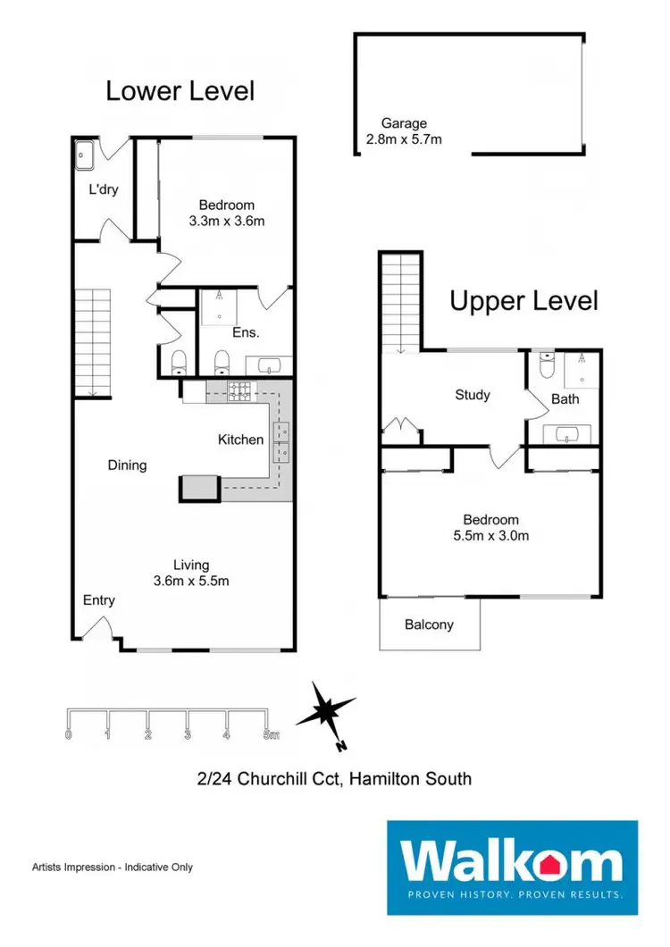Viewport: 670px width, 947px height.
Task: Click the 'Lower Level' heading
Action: click(x=180, y=90)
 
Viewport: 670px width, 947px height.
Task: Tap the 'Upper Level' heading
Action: click(x=523, y=301)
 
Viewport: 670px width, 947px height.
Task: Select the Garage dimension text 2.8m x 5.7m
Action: click(x=405, y=139)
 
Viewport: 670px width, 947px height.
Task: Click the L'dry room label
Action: click(x=104, y=189)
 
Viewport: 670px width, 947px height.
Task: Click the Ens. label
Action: click(x=246, y=332)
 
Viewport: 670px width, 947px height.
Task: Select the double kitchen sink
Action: click(x=283, y=440)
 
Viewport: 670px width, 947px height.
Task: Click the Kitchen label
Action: click(x=241, y=439)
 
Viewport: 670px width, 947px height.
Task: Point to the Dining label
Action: click(x=127, y=465)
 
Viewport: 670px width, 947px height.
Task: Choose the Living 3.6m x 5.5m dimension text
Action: click(x=191, y=581)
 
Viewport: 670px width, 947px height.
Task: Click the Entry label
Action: click(x=99, y=600)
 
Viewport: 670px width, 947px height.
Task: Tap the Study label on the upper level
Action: click(x=472, y=394)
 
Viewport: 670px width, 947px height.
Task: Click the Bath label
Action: click(x=565, y=399)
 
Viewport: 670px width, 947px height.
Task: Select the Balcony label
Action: click(x=429, y=624)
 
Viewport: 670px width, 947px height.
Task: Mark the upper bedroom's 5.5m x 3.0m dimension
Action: click(x=490, y=536)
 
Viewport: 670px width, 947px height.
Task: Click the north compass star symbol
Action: click(x=326, y=712)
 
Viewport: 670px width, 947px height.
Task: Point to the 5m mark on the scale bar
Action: click(x=270, y=735)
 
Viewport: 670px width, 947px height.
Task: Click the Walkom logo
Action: click(x=512, y=859)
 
